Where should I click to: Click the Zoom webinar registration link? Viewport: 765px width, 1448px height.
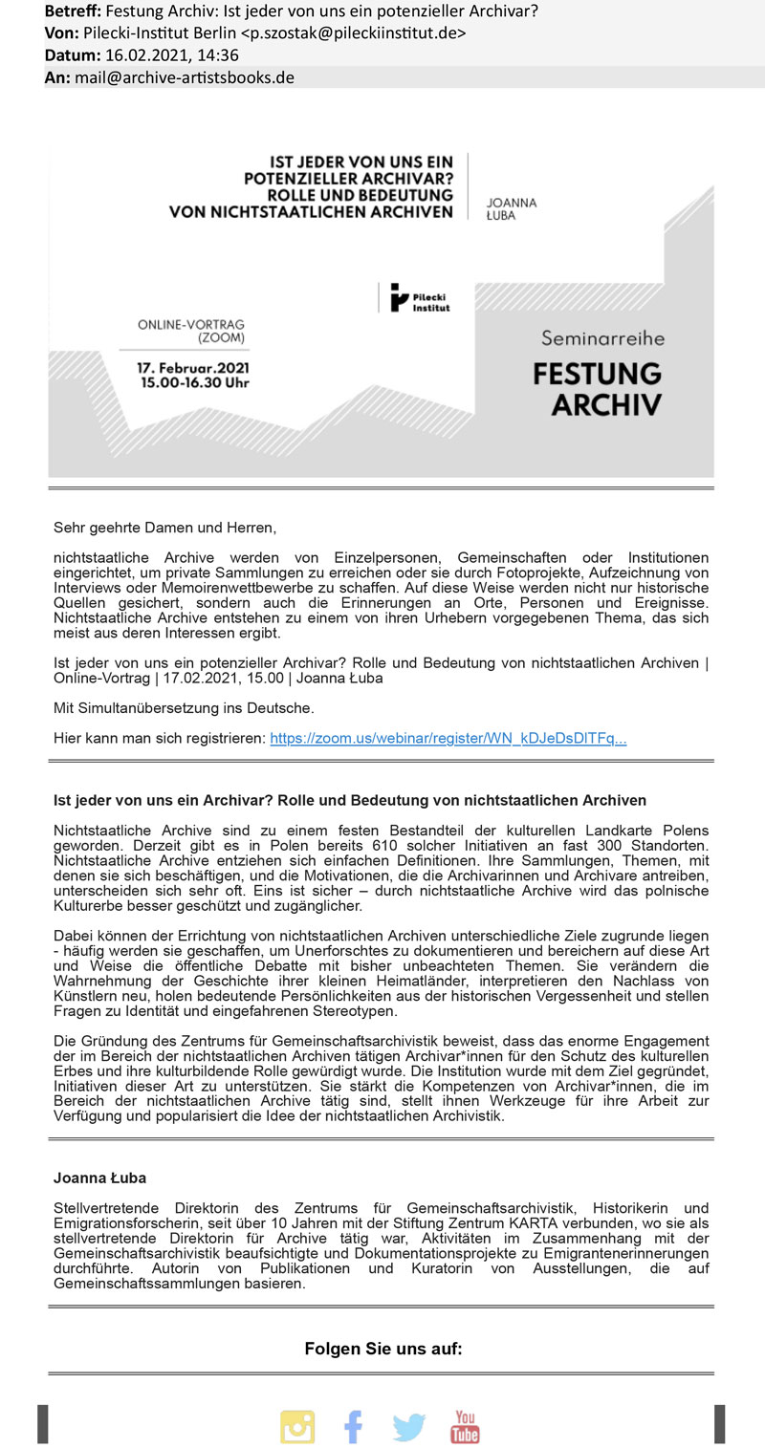pos(448,739)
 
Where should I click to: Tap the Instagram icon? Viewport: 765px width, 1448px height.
pos(297,1426)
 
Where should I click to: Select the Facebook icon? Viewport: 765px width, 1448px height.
pos(353,1426)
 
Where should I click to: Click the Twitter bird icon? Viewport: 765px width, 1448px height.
pos(409,1427)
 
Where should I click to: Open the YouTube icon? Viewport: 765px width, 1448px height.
pos(466,1426)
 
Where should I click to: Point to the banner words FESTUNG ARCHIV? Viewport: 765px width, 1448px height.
pos(598,387)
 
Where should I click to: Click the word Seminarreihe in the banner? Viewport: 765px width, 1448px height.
pos(602,337)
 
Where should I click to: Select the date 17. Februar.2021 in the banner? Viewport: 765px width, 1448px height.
pos(194,367)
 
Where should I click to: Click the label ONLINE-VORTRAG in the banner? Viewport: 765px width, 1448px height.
pos(191,324)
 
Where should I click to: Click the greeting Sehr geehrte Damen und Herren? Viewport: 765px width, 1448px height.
pos(164,527)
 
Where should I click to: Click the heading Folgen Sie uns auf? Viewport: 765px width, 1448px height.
pos(382,1349)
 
